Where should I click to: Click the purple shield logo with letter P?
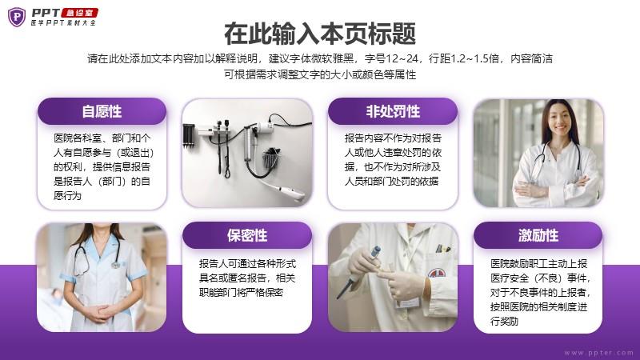point(17,17)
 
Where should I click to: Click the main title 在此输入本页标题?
point(320,34)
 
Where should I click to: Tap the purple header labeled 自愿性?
point(102,111)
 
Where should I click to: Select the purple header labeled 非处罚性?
point(393,111)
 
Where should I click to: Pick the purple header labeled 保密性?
point(247,235)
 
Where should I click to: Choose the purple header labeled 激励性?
point(538,235)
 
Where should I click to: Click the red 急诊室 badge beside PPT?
point(79,13)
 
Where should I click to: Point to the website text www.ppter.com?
point(598,352)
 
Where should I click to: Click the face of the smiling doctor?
point(559,118)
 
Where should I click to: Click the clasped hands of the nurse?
point(100,312)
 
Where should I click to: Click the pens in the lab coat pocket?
point(442,248)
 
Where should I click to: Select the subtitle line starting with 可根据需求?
point(320,74)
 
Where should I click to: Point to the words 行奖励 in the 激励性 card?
point(505,322)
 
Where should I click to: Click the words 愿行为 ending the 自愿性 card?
point(67,195)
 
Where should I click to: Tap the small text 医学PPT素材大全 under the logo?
point(63,23)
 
